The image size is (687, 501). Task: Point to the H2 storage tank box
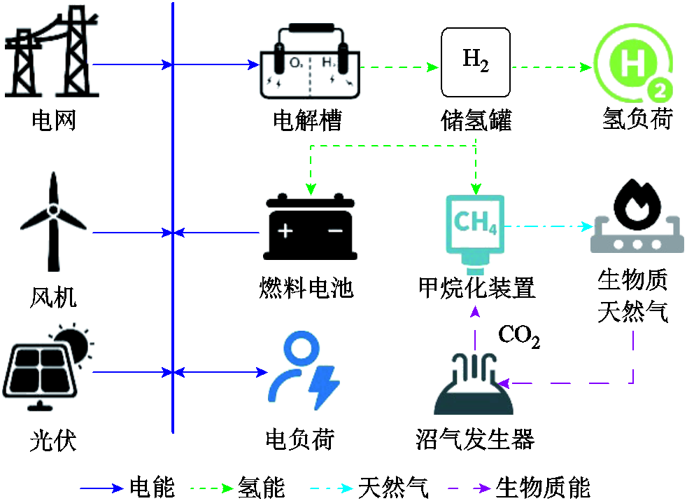coord(475,62)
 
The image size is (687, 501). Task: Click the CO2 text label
coord(518,336)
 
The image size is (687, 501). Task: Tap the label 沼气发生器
coord(475,439)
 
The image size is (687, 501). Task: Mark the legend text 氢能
coord(261,487)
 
